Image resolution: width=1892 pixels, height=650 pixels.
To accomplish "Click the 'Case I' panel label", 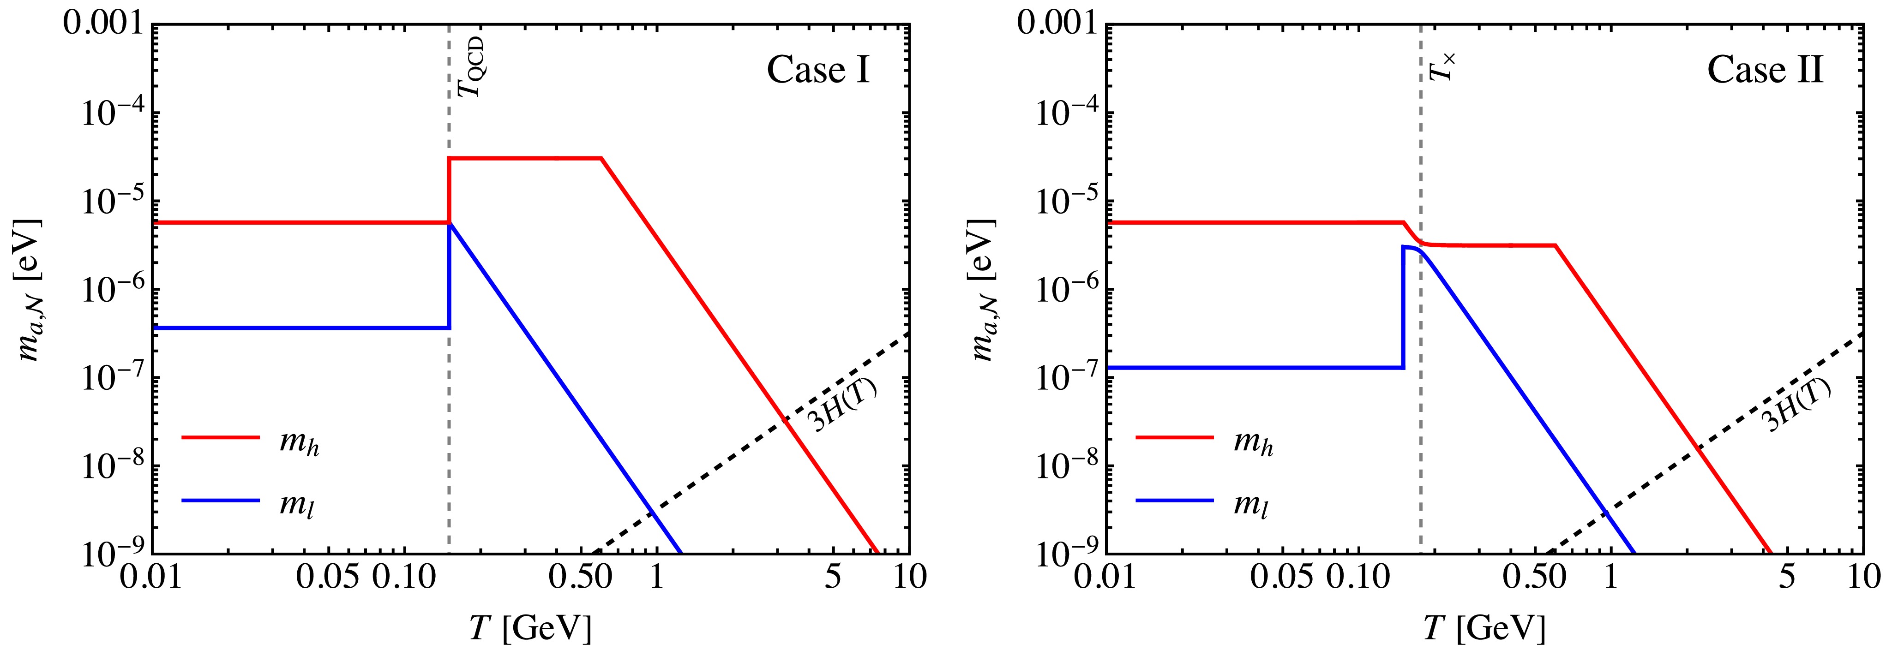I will click(x=818, y=71).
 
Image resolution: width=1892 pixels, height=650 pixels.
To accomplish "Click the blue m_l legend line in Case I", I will click(x=220, y=501).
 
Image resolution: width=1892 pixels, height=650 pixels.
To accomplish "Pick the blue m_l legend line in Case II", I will click(x=1174, y=501).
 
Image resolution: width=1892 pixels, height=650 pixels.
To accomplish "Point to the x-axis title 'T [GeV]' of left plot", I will click(x=530, y=628).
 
